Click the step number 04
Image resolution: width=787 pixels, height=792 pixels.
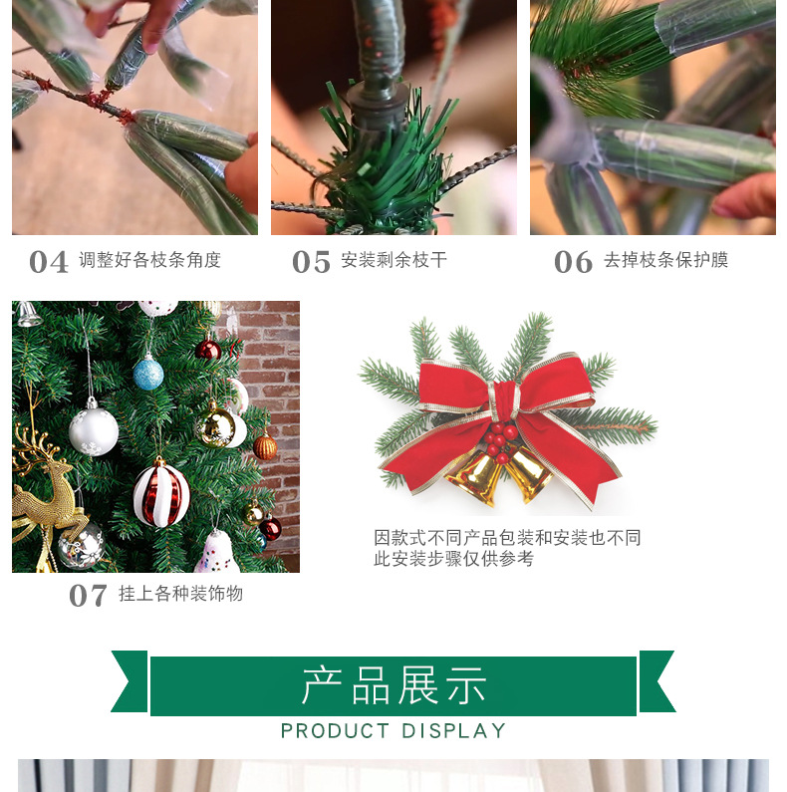click(49, 262)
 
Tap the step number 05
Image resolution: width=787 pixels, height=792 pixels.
click(311, 262)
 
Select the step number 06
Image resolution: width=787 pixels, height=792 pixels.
click(573, 262)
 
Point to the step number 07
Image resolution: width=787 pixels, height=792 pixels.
click(88, 596)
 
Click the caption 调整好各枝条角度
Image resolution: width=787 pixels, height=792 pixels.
click(149, 261)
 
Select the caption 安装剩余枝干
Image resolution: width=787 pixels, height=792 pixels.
click(393, 261)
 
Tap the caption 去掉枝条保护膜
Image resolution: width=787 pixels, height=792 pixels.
click(665, 261)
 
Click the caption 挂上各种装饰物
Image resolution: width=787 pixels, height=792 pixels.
click(180, 595)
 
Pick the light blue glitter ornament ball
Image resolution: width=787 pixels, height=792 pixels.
click(148, 374)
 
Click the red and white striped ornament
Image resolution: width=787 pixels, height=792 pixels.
click(160, 492)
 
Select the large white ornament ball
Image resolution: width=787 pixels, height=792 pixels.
click(94, 428)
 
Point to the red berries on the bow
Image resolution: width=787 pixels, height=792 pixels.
click(501, 439)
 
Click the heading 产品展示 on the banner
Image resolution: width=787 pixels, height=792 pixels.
click(393, 685)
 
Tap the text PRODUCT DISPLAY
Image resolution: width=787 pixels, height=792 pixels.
click(393, 731)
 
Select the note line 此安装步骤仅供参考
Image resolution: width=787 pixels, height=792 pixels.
click(453, 559)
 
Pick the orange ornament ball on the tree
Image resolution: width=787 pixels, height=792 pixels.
click(264, 447)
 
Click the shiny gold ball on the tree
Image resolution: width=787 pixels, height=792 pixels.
click(216, 426)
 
